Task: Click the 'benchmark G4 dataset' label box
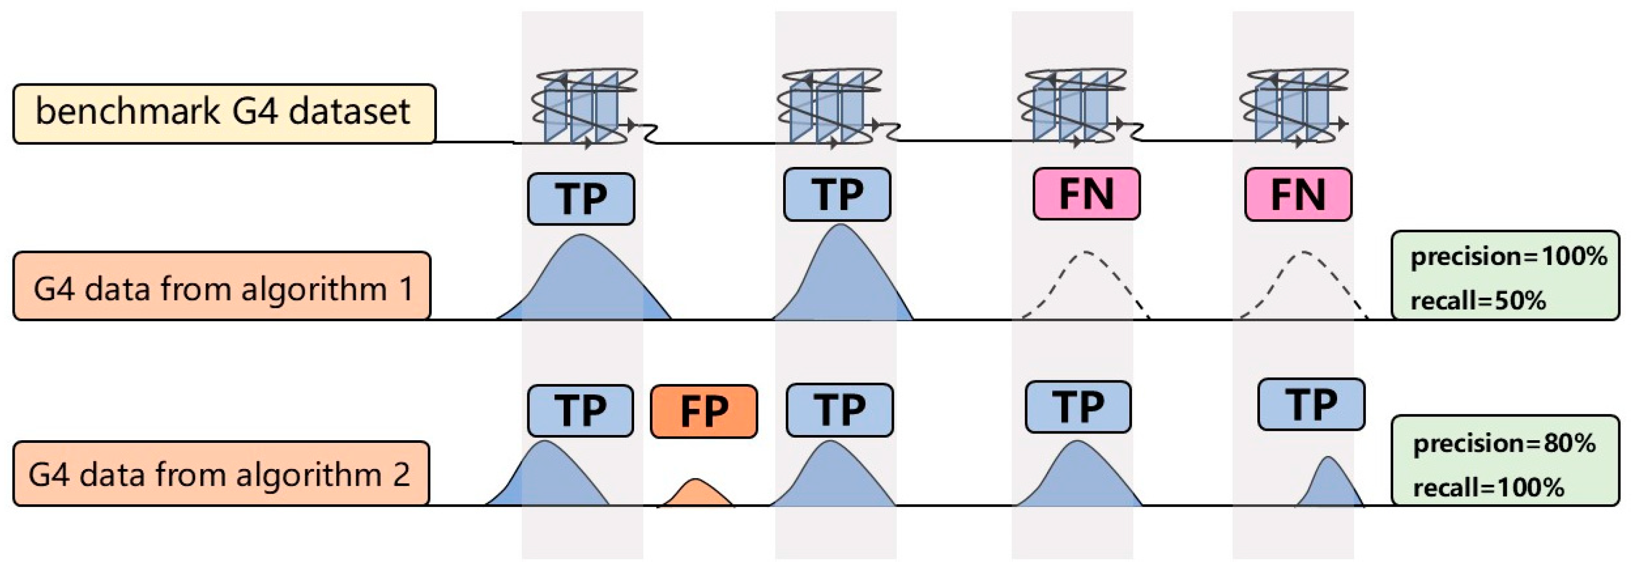click(224, 113)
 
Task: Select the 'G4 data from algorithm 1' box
click(222, 286)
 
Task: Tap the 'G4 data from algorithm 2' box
click(221, 473)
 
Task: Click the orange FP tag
click(704, 411)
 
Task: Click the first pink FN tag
click(1086, 194)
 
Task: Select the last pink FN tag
click(1298, 194)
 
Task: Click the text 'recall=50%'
click(1478, 301)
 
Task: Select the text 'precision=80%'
click(1504, 443)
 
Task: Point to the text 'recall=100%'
click(1488, 487)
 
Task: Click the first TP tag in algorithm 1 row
click(580, 198)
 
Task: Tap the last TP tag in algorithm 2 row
click(1311, 405)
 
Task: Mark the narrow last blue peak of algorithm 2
click(1329, 485)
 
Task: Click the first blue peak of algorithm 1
click(582, 282)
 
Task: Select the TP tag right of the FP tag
click(839, 410)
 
